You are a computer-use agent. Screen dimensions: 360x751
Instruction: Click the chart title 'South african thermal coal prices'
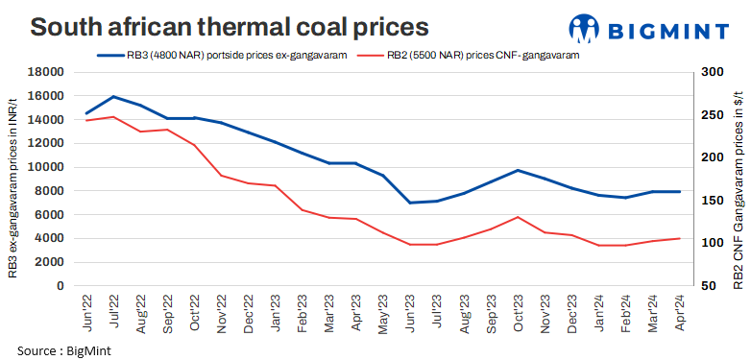[229, 26]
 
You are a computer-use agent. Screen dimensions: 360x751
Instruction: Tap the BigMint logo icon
[587, 29]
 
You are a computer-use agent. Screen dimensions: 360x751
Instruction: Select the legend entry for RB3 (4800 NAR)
[222, 55]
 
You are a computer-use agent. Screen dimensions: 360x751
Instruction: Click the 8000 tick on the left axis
[48, 191]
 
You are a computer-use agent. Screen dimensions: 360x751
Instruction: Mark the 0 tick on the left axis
[60, 286]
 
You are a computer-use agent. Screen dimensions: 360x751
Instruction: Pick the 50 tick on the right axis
[710, 286]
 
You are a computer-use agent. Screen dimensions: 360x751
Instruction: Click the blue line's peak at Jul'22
[114, 97]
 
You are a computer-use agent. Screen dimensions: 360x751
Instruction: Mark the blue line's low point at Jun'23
[410, 203]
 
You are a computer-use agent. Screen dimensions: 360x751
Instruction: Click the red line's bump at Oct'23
[518, 217]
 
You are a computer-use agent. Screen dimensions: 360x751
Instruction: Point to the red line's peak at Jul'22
[114, 117]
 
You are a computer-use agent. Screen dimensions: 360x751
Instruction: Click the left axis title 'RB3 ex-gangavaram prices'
[13, 179]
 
